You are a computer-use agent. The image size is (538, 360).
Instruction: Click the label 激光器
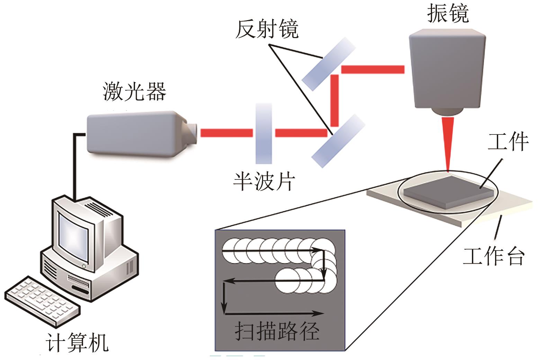(134, 92)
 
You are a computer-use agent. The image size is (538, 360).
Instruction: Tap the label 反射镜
(267, 29)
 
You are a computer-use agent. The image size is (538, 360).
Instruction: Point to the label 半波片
(264, 181)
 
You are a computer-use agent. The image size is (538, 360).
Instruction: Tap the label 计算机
(77, 343)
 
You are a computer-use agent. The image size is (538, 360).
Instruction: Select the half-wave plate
(264, 133)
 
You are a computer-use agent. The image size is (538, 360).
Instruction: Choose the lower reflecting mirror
(338, 141)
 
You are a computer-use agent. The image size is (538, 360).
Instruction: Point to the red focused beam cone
(448, 142)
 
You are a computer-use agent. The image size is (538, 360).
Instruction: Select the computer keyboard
(42, 300)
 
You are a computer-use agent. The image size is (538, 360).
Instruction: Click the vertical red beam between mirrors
(334, 100)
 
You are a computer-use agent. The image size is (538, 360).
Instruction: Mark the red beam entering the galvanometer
(372, 69)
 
